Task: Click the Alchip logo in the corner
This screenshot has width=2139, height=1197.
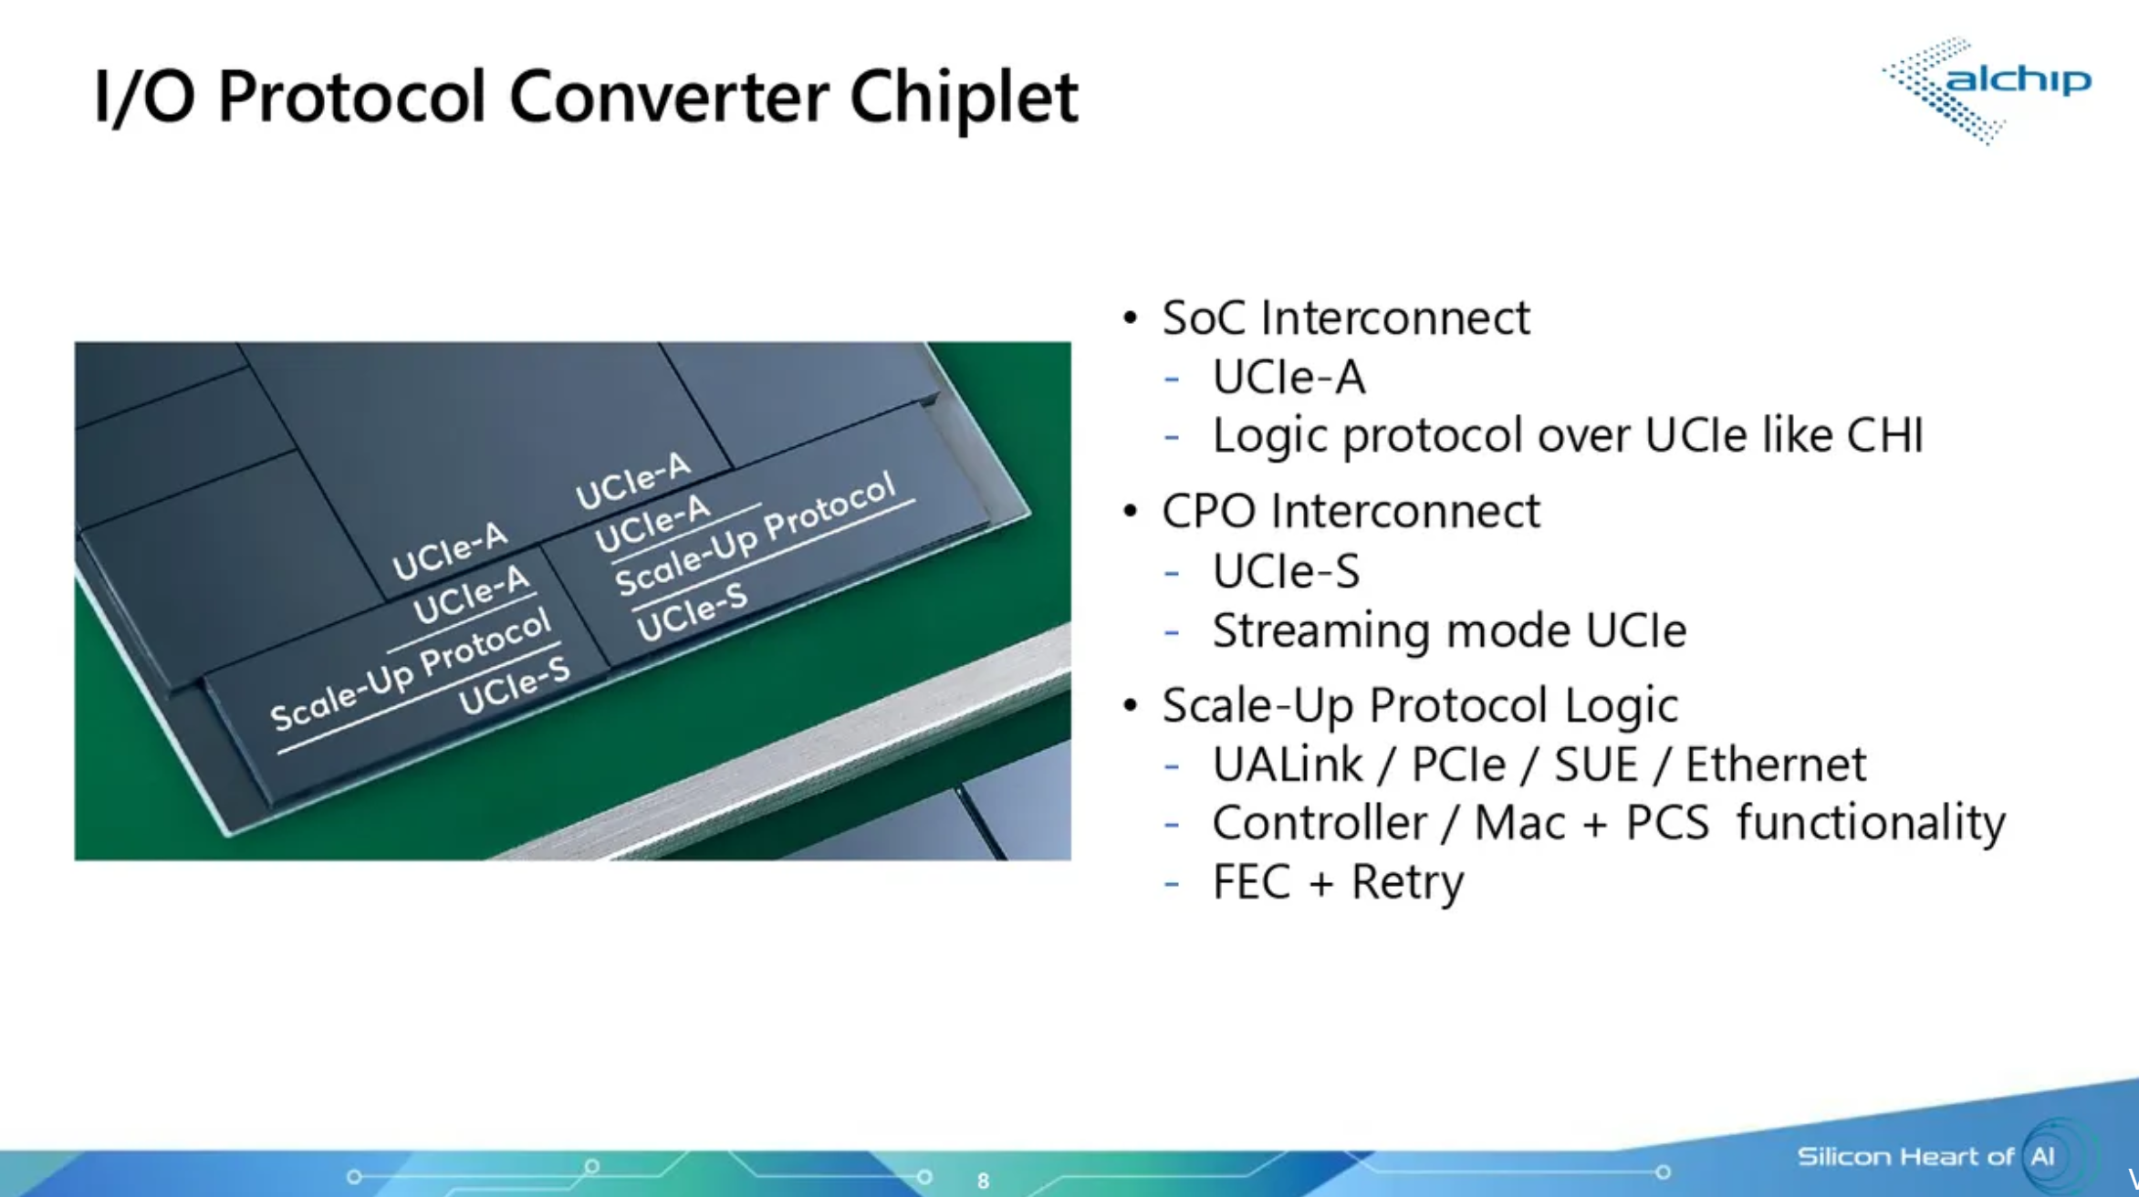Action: (1987, 89)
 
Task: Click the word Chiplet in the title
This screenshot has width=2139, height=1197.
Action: (964, 97)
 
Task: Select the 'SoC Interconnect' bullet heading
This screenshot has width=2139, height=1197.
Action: (1345, 317)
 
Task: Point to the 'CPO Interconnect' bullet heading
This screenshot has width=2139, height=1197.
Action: (1351, 511)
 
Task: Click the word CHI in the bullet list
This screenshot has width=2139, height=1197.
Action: (1885, 434)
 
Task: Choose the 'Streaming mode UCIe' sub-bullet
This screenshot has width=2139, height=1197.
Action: (1449, 630)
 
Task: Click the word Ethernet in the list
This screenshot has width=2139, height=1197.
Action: (1776, 765)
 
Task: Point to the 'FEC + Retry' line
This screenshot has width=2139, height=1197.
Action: (1338, 882)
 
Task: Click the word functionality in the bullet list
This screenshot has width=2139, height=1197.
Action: (1871, 823)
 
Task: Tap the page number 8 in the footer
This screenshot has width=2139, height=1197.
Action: (983, 1181)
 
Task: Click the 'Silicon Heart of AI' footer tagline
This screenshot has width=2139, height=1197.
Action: (1925, 1157)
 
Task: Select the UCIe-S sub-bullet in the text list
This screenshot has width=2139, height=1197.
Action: (1286, 571)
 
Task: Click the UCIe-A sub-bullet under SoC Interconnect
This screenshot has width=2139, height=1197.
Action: (1289, 377)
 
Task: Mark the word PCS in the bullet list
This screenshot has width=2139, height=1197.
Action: (1667, 823)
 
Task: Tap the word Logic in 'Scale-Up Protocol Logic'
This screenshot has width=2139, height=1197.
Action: (1621, 706)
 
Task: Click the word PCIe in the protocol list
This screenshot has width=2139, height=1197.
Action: (1458, 765)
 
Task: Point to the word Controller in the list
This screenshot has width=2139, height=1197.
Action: (1319, 823)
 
